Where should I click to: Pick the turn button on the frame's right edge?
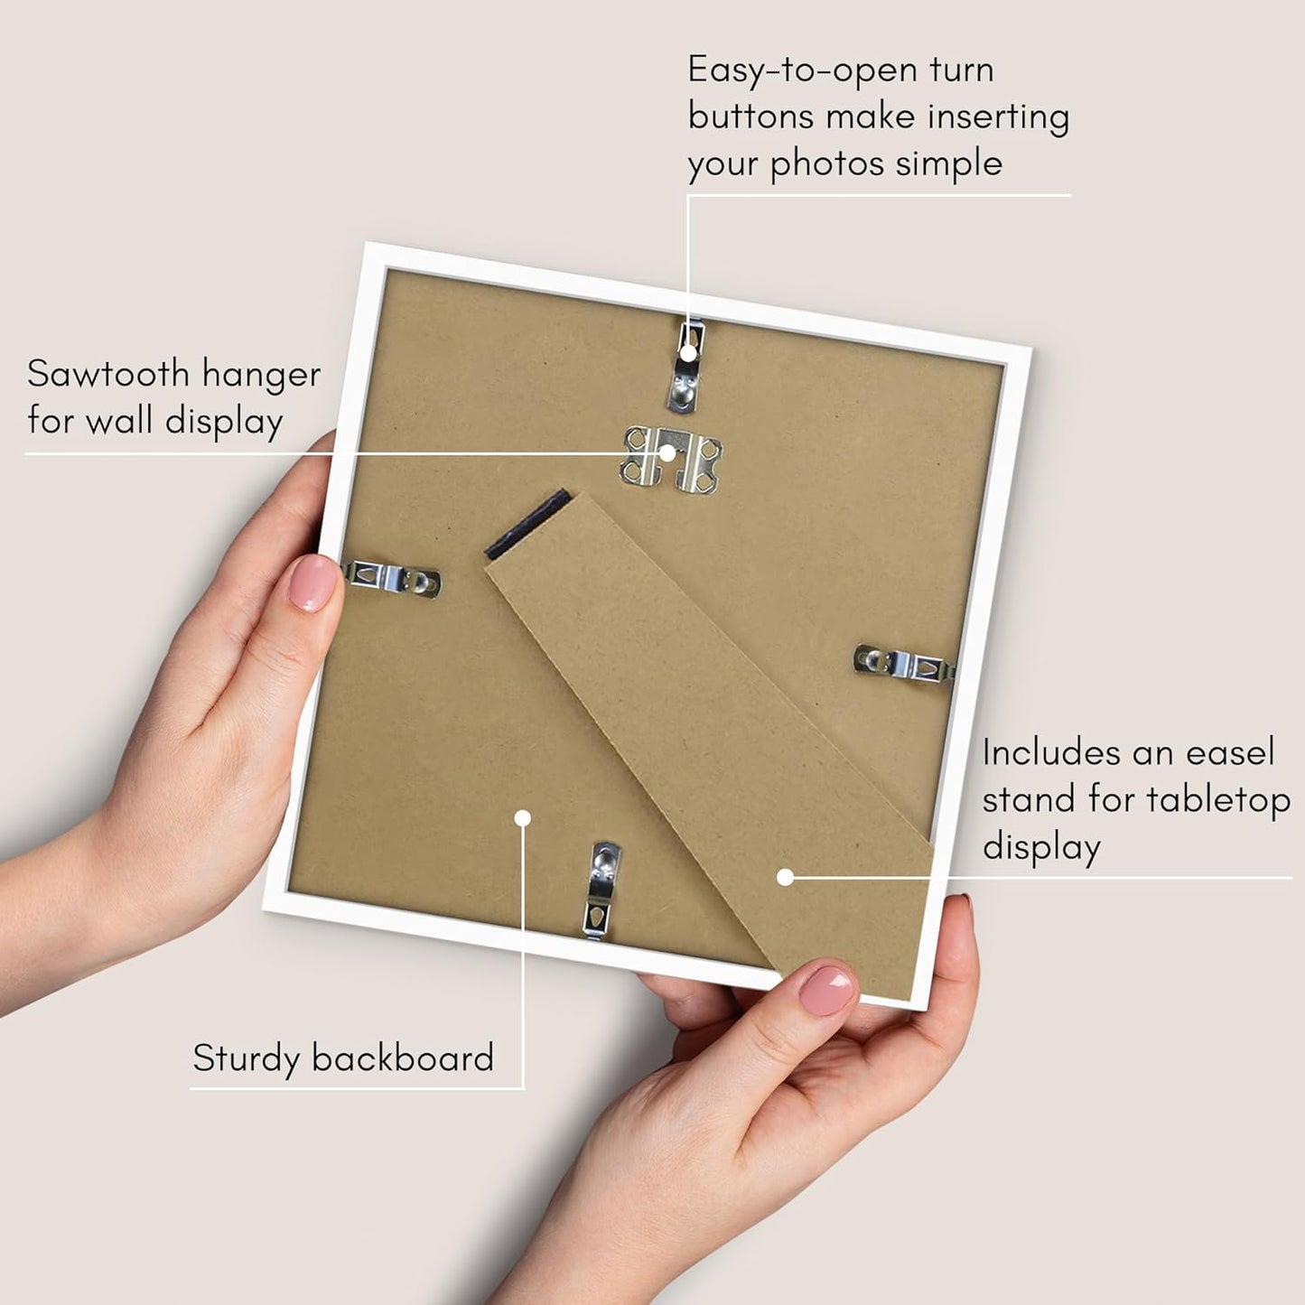(905, 663)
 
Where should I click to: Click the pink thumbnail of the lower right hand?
(827, 990)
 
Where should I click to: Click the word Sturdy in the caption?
(246, 1058)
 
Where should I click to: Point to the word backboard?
(403, 1058)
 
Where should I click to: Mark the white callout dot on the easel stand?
(785, 878)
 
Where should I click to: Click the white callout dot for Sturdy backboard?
(522, 818)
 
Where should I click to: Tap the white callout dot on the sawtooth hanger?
(667, 453)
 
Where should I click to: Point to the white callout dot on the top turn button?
(688, 352)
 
